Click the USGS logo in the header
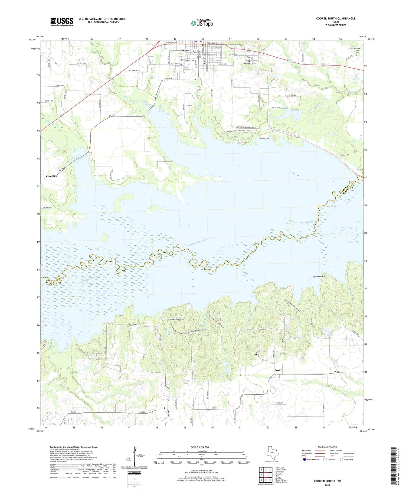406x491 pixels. coord(62,22)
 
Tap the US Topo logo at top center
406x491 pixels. coord(202,23)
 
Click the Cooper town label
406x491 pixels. coord(185,50)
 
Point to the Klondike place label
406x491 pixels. coord(51,176)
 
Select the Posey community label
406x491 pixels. coord(278,370)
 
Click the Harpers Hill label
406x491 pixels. coord(319,277)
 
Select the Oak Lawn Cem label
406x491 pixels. coord(249,63)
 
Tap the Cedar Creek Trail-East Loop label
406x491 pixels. coord(238,131)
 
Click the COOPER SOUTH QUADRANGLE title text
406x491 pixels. coord(335,18)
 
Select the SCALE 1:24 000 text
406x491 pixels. coord(201,447)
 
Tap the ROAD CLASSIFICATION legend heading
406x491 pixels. coord(328,447)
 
